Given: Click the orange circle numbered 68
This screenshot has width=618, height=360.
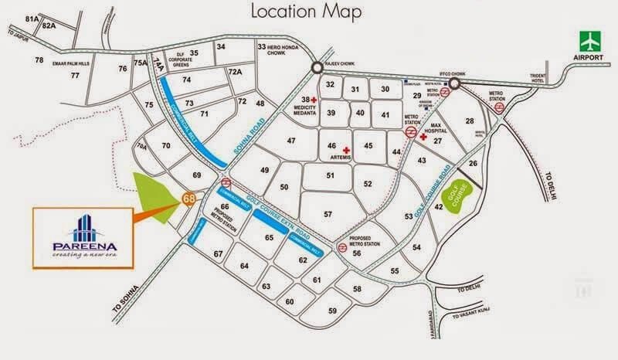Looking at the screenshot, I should coord(188,199).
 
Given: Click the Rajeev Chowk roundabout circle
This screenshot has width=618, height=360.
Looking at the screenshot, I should coord(317,69).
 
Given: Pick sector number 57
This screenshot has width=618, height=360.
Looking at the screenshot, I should coord(328,214).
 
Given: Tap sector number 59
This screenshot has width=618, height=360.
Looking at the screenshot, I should coord(333,311).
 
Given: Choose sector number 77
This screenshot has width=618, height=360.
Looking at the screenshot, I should coord(75,75).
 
